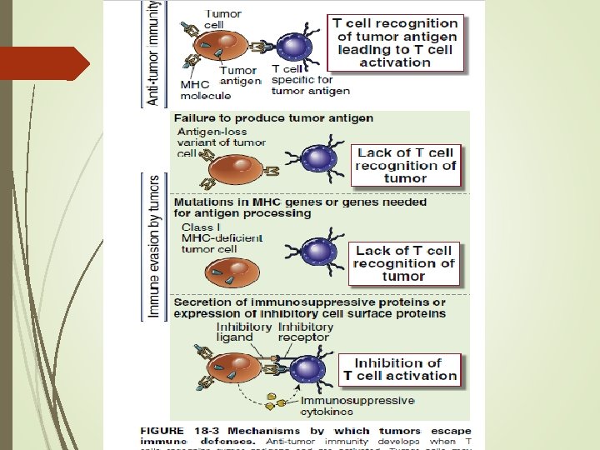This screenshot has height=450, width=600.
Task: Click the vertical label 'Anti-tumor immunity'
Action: point(153,52)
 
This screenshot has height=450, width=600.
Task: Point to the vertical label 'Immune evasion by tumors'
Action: point(154,246)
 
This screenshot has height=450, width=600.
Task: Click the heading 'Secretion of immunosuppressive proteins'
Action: point(309,307)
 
